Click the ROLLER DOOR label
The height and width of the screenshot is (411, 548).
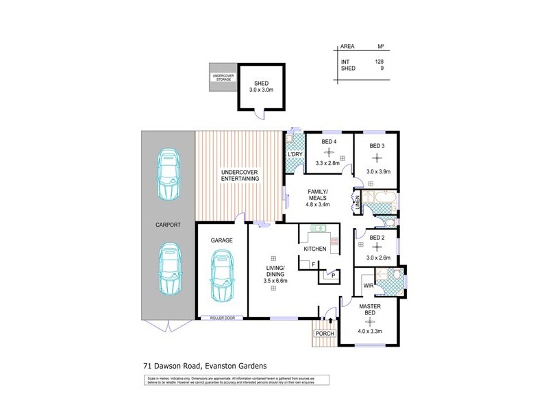pos(221,318)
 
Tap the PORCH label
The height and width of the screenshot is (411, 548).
pos(324,334)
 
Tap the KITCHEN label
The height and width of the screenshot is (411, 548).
pos(315,249)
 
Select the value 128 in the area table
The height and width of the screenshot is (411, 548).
pos(379,62)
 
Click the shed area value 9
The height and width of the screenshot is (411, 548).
pos(381,68)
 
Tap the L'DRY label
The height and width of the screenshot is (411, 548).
pos(295,154)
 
